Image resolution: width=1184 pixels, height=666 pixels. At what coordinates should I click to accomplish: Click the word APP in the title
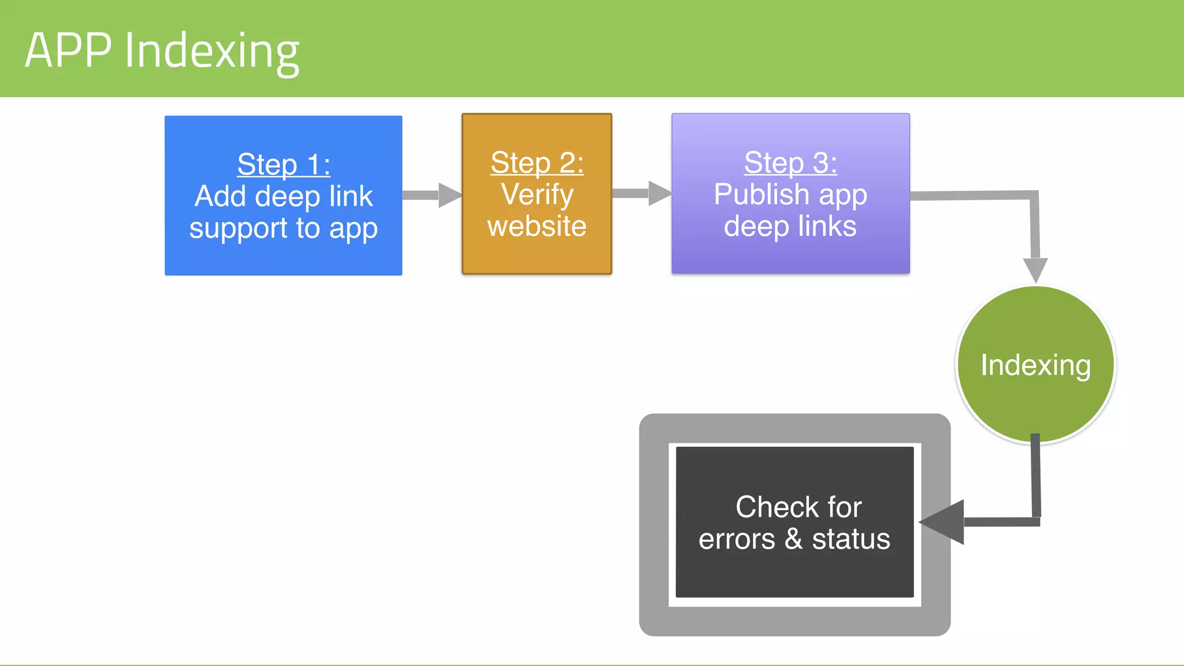pos(68,51)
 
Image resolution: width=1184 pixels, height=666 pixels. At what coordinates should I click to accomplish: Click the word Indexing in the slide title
pos(212,52)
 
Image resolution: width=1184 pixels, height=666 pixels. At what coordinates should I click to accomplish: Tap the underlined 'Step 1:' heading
pos(283,165)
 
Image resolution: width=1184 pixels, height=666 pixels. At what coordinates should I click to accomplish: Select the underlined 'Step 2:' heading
pos(537,163)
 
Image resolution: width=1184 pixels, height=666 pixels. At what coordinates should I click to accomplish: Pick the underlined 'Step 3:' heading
pos(790,163)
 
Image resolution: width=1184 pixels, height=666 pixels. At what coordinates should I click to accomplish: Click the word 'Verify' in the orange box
pos(537,195)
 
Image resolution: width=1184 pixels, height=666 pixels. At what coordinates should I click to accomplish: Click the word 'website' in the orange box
pos(537,226)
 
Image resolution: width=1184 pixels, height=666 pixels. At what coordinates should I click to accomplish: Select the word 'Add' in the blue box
pos(220,197)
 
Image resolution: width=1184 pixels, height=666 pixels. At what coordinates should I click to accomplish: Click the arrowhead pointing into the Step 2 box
pos(449,195)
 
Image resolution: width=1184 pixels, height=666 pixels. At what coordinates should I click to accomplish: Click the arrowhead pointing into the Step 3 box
pos(659,193)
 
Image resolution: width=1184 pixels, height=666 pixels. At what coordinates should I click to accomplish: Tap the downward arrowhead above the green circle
pos(1035,269)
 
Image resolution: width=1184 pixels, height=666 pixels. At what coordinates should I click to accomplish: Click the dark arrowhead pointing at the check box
pos(943,522)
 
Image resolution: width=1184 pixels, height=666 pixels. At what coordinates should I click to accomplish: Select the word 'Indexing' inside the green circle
pos(1035,365)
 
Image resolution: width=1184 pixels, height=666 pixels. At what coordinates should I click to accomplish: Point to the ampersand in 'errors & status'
pos(793,539)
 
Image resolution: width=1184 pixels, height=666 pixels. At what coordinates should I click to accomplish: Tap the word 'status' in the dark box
pos(851,539)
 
